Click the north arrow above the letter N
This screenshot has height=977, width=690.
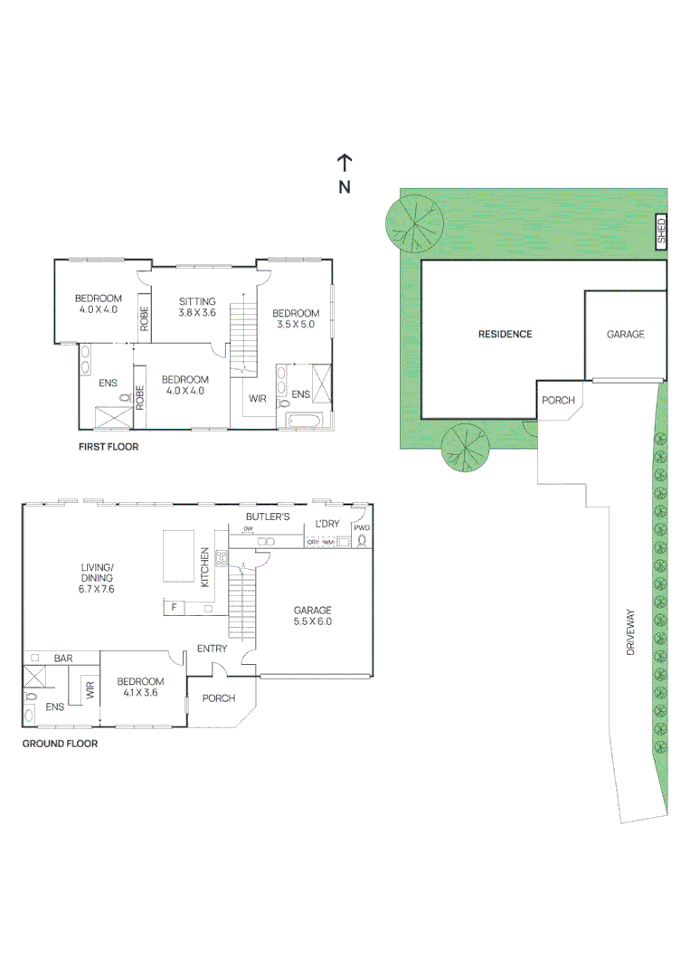345,163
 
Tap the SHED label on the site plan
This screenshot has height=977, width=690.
661,232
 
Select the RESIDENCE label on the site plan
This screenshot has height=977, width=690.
505,334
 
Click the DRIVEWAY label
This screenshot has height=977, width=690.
631,632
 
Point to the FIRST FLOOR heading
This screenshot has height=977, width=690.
108,447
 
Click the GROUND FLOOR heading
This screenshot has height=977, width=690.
60,744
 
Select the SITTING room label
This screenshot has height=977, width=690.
197,301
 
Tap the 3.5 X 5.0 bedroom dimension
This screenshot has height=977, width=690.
296,324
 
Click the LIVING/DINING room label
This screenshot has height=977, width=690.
97,577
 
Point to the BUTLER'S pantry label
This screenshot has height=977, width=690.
268,517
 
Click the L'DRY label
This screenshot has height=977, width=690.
326,525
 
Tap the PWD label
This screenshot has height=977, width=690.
362,527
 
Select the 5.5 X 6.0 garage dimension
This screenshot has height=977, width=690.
312,621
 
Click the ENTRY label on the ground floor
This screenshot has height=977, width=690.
213,649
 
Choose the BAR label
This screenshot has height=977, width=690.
62,659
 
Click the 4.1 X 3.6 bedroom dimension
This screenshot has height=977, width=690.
140,693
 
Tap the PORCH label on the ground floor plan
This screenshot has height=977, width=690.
219,698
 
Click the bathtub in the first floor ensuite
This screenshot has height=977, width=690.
302,421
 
